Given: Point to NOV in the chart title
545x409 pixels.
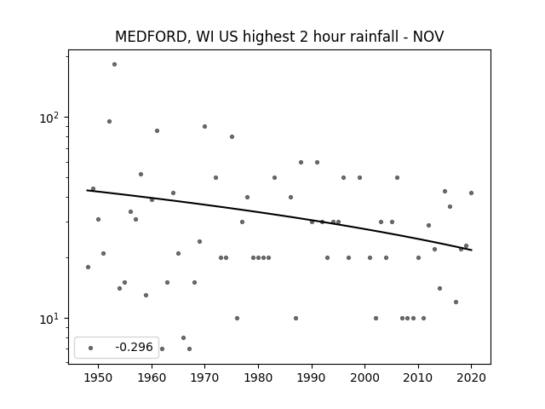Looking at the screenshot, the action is (x=428, y=37).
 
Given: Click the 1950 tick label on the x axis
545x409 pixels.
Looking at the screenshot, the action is (x=99, y=377).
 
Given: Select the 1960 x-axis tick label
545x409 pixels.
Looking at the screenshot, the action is (x=152, y=377).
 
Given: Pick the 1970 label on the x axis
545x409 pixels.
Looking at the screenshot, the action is (x=205, y=377).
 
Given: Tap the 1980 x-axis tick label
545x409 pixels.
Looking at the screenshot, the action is (x=258, y=377).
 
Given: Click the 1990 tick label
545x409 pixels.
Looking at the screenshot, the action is (x=312, y=377).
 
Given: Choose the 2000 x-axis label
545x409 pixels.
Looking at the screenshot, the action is (x=365, y=377).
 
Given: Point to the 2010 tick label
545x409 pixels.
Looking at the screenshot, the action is (x=418, y=377).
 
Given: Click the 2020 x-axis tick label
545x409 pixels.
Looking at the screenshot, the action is (x=471, y=377).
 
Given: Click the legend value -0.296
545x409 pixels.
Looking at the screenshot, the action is (x=135, y=347).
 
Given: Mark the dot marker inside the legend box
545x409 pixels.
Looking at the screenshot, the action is (x=91, y=348).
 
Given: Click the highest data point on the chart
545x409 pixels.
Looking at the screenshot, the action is (x=114, y=65).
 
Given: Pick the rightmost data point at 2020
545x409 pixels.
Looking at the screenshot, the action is (x=471, y=193).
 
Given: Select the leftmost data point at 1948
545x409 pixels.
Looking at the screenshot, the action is (x=88, y=267).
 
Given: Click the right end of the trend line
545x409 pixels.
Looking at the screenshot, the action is (x=472, y=250).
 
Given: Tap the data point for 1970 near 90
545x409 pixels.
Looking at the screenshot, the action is (x=204, y=127).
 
